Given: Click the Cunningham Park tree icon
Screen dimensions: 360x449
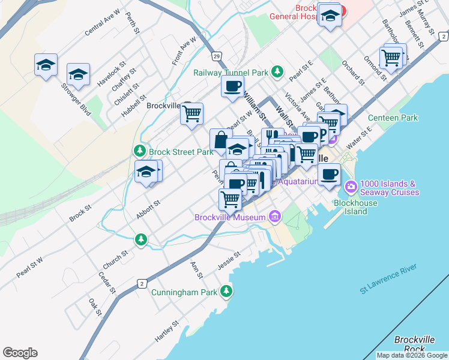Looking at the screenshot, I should [x=226, y=292].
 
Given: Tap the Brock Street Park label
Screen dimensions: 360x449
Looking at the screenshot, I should [x=181, y=152].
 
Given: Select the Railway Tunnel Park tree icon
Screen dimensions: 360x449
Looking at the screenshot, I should [x=277, y=73].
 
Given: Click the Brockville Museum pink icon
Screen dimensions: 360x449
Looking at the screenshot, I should [x=274, y=217].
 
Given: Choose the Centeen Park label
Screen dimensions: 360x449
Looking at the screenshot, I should [x=393, y=118].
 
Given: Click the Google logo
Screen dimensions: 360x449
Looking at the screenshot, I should [x=20, y=353].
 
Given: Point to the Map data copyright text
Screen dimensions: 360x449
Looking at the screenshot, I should [x=412, y=355].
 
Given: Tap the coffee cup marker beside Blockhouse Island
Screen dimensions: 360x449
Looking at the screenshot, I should [x=328, y=175].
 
